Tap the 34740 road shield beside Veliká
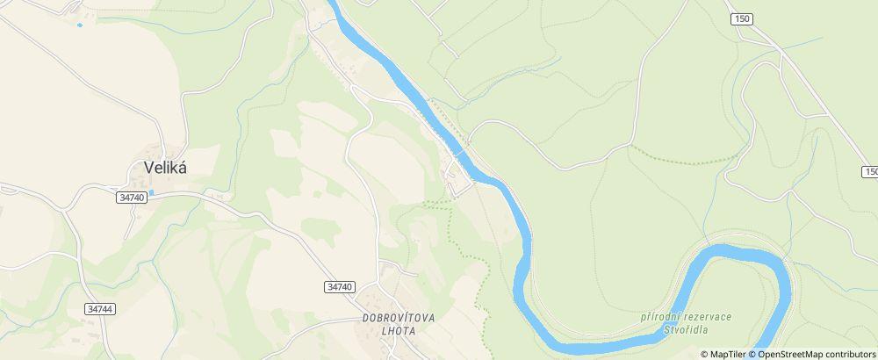pos(129,198)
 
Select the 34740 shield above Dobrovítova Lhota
pos(339,287)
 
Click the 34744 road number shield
pos(101,310)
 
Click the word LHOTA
pos(399,331)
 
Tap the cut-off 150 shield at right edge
pos(869,171)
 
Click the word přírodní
pos(661,316)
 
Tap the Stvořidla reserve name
pos(686,330)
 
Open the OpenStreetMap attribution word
pos(791,354)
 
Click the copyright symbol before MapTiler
pos(704,354)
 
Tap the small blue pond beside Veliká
pos(153,191)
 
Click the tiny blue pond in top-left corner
pos(79,25)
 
